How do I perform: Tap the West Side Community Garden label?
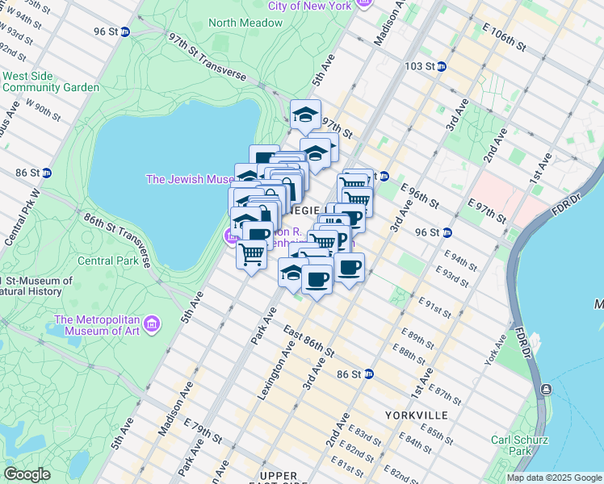[50, 81]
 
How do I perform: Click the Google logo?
[27, 474]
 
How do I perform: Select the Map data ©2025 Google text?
[553, 478]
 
